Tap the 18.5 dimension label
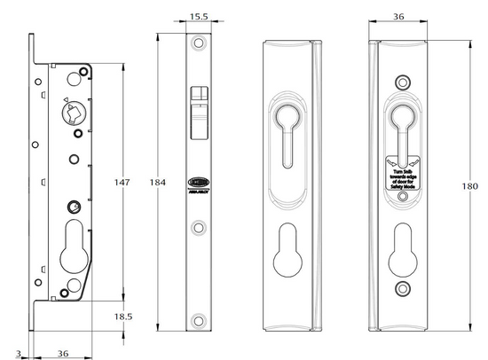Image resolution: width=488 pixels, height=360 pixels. click(126, 316)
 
